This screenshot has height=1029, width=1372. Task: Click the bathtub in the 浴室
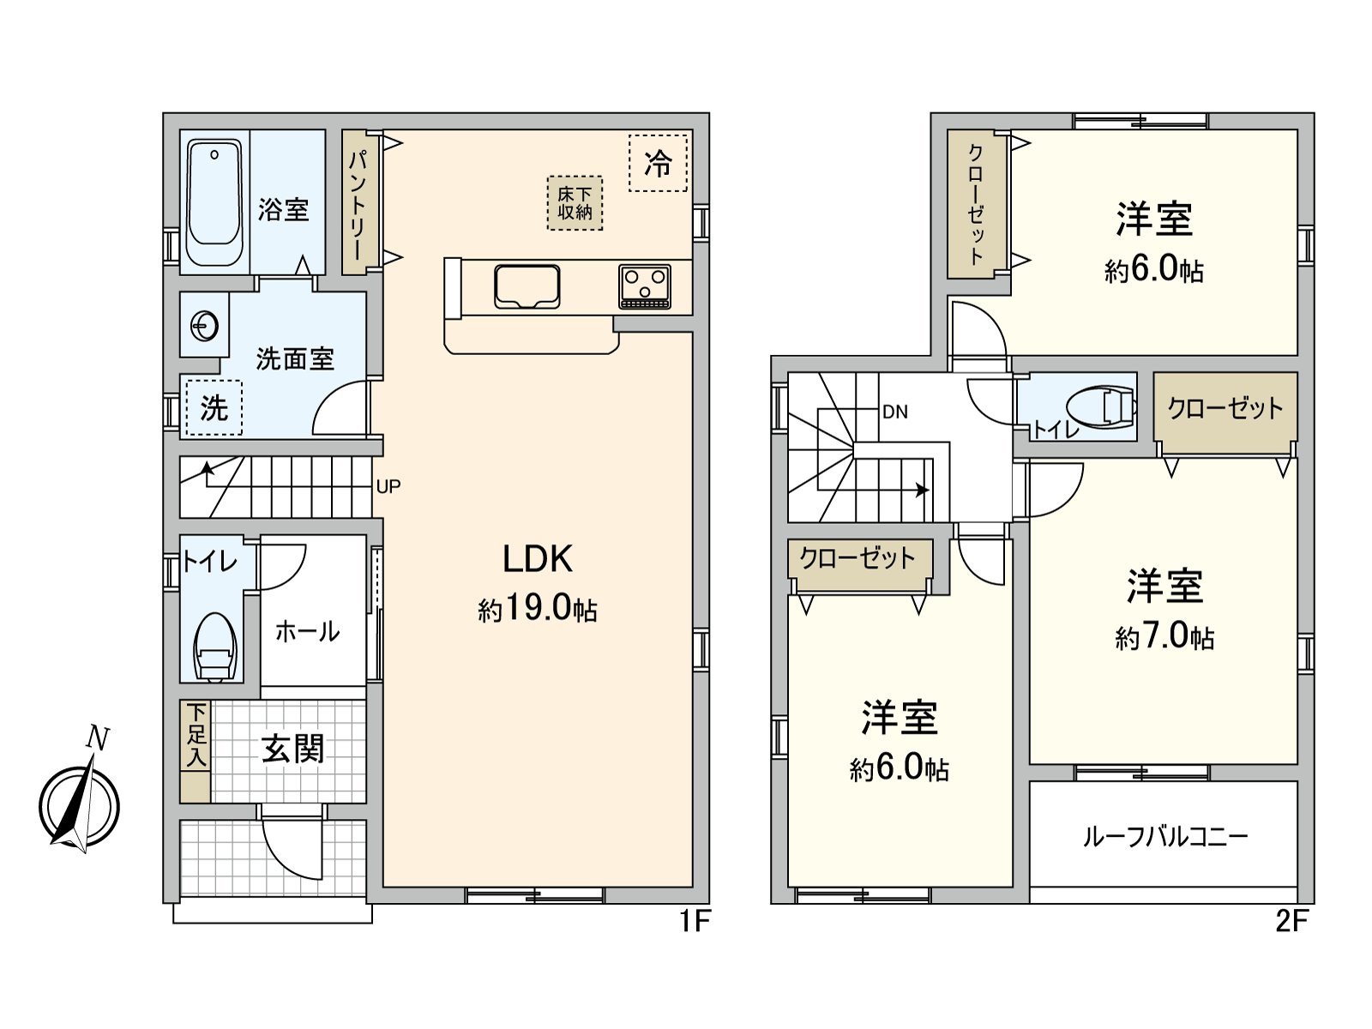coord(214,203)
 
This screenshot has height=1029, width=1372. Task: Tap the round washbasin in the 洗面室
coord(205,326)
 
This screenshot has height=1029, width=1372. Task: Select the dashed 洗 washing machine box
coord(214,407)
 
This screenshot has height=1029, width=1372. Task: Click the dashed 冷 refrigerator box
coord(658,163)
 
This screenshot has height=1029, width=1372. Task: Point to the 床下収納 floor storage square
coord(575,203)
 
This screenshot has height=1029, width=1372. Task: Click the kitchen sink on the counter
coord(527,286)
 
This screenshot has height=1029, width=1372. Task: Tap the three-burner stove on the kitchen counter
coord(645,286)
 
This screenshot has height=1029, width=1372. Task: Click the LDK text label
coord(537,559)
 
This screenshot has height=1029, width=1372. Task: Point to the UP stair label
coord(388,486)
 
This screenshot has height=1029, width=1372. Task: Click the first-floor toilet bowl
coord(215,649)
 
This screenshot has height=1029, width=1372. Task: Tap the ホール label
coord(307,632)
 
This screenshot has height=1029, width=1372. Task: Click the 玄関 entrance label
coord(292,749)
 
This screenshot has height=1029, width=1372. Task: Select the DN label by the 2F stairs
coord(894,412)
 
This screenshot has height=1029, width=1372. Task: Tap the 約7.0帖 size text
coord(1164,637)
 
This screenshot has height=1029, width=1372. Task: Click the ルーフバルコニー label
coord(1164,836)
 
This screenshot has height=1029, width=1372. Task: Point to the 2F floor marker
coord(1291,922)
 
